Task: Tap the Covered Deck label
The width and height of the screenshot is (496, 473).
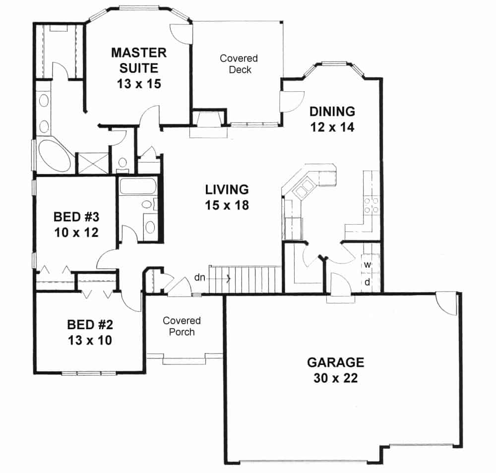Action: (x=239, y=64)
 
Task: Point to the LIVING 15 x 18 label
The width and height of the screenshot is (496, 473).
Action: (x=227, y=197)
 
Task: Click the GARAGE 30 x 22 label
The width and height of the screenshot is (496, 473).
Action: (x=335, y=370)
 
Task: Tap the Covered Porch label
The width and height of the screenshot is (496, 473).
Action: (x=182, y=326)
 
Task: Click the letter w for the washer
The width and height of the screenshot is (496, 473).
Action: (x=368, y=264)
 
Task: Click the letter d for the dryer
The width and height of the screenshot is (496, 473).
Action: (x=368, y=282)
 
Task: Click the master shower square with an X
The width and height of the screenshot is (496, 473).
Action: (x=92, y=163)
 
